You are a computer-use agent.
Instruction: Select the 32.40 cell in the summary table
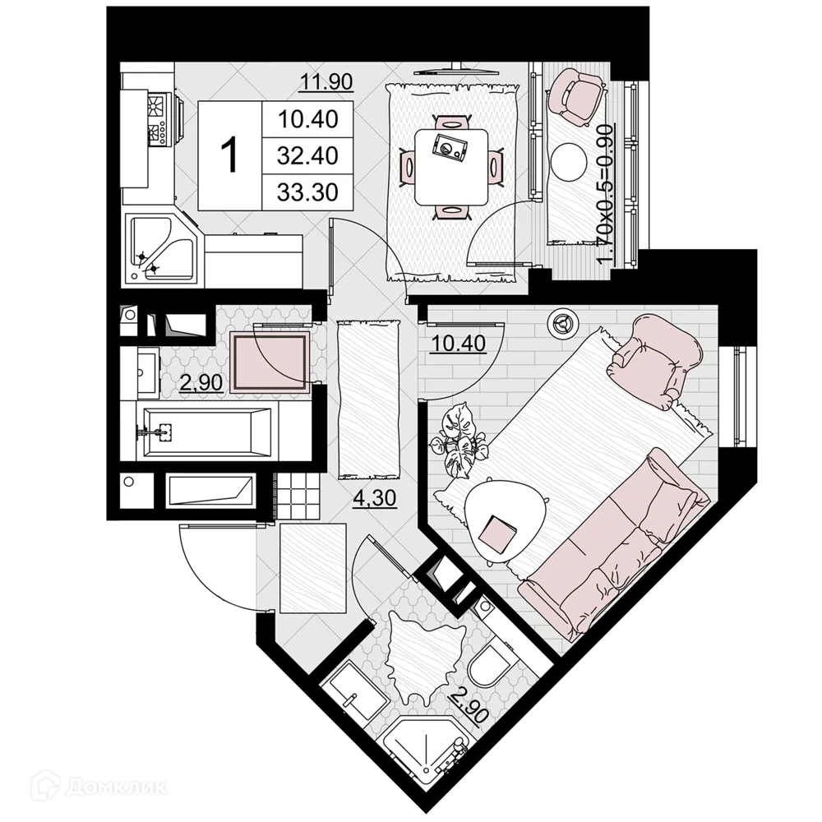307,155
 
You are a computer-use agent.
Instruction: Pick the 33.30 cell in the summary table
307,192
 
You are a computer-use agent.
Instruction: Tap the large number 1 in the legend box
230,155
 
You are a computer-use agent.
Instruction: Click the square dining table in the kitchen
450,167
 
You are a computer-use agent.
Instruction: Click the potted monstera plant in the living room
460,440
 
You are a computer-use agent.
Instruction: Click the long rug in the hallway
369,399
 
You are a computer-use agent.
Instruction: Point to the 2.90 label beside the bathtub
201,382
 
